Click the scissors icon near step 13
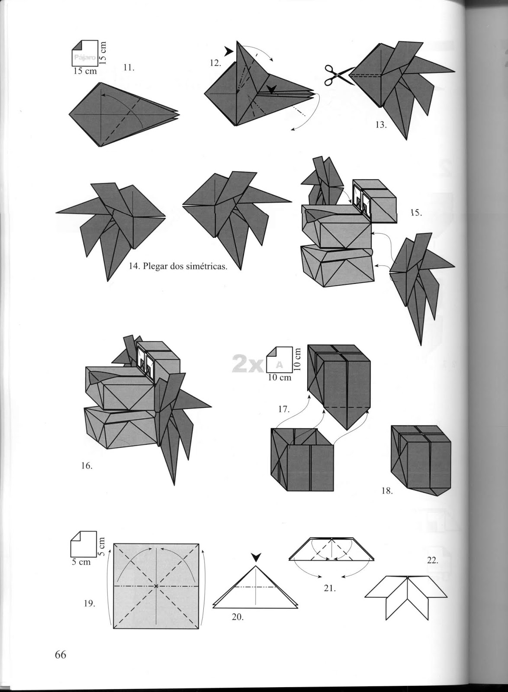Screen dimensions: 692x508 pos(338,74)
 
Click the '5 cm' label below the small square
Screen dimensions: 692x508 pos(80,562)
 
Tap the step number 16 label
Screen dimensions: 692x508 pos(87,466)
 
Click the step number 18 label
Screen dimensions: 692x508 pos(387,491)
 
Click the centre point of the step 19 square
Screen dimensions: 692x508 pos(156,586)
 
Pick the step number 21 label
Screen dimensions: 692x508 pos(330,588)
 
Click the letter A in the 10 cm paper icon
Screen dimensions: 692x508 pos(279,364)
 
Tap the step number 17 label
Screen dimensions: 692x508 pos(283,409)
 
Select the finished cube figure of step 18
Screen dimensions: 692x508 pos(421,460)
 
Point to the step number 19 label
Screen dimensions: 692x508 pos(89,604)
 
